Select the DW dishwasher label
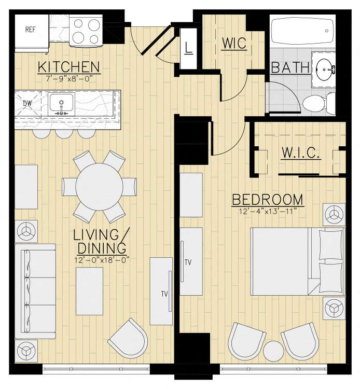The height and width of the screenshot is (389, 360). pyautogui.click(x=27, y=103)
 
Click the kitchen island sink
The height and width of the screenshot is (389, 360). pyautogui.click(x=62, y=104)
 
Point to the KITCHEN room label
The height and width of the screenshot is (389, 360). pyautogui.click(x=70, y=67)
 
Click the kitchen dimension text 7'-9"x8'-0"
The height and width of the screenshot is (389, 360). pyautogui.click(x=70, y=78)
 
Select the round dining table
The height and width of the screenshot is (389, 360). pyautogui.click(x=100, y=186)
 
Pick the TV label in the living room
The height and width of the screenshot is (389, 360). pyautogui.click(x=164, y=294)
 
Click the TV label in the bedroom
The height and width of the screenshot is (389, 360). pyautogui.click(x=188, y=262)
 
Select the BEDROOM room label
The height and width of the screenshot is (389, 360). pyautogui.click(x=267, y=200)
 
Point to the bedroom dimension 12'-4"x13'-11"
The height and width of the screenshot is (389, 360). pyautogui.click(x=267, y=212)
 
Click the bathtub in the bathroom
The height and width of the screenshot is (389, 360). pyautogui.click(x=302, y=32)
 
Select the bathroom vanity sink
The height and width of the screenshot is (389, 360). pyautogui.click(x=325, y=67)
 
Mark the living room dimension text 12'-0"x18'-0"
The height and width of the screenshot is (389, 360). pyautogui.click(x=102, y=259)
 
